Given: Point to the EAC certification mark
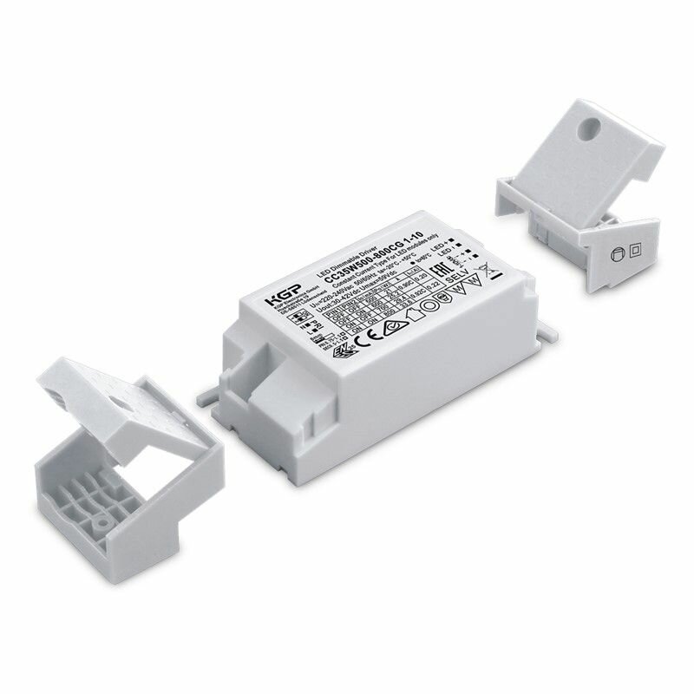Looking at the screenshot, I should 462,265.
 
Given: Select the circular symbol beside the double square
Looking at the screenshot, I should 619,254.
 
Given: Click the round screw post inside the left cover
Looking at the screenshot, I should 102,526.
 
